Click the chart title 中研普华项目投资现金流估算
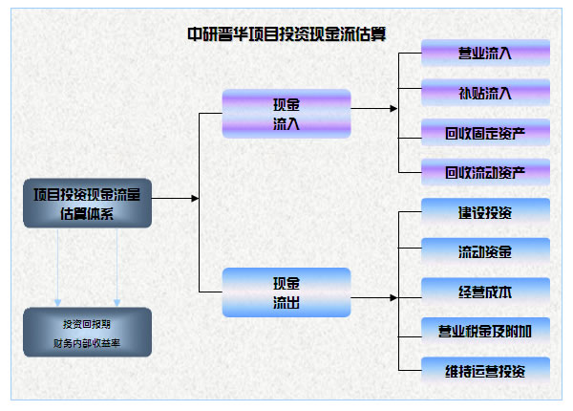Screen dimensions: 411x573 coord(293,33)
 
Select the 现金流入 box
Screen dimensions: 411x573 coord(286,115)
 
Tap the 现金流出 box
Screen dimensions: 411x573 coord(286,292)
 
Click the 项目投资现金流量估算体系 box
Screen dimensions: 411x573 coord(87,204)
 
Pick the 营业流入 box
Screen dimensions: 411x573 coord(484,54)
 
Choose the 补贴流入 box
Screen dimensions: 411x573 coord(484,93)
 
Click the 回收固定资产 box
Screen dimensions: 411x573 coord(484,132)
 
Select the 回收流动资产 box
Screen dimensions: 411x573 coord(484,172)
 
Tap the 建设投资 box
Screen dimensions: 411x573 coord(484,212)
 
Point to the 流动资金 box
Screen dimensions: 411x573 coord(484,252)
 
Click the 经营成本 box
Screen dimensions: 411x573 coord(484,292)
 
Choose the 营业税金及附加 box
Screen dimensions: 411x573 coord(484,331)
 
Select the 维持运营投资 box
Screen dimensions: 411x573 coord(484,370)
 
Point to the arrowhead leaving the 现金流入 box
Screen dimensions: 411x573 coord(393,108)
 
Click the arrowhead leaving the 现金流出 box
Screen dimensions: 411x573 coord(393,297)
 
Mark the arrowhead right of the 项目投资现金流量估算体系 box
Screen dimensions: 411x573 coord(195,198)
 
